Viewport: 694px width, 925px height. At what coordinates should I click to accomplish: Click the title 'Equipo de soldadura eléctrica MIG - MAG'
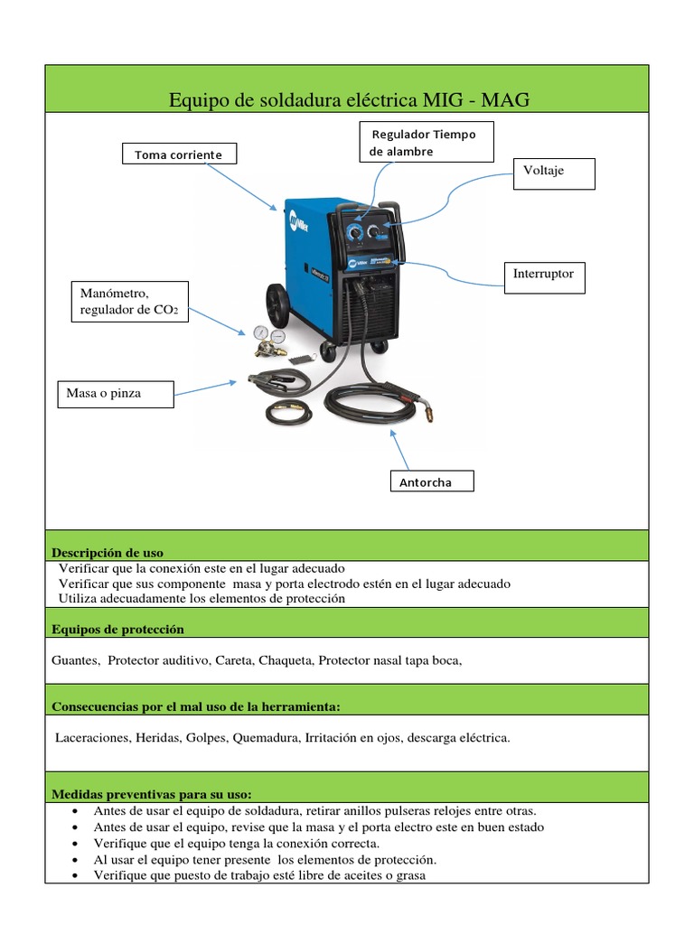pos(349,99)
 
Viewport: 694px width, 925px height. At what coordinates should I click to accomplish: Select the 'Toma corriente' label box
pos(178,154)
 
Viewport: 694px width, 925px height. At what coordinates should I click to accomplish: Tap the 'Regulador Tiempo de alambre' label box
pos(426,143)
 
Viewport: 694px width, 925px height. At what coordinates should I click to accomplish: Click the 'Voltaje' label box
pos(553,173)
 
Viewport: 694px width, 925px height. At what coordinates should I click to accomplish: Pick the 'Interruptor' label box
pos(544,276)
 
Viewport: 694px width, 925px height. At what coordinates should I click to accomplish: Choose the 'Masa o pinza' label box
pos(116,394)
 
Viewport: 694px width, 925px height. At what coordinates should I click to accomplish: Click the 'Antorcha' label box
pos(431,482)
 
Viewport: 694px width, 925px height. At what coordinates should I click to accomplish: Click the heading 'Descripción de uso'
pos(108,552)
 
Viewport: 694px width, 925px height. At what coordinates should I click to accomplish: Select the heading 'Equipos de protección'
pos(117,629)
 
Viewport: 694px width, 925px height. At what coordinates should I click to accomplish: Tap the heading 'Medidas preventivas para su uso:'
pos(151,794)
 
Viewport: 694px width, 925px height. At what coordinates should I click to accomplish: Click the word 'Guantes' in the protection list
pos(75,660)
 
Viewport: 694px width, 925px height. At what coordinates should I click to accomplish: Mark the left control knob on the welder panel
pos(356,233)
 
